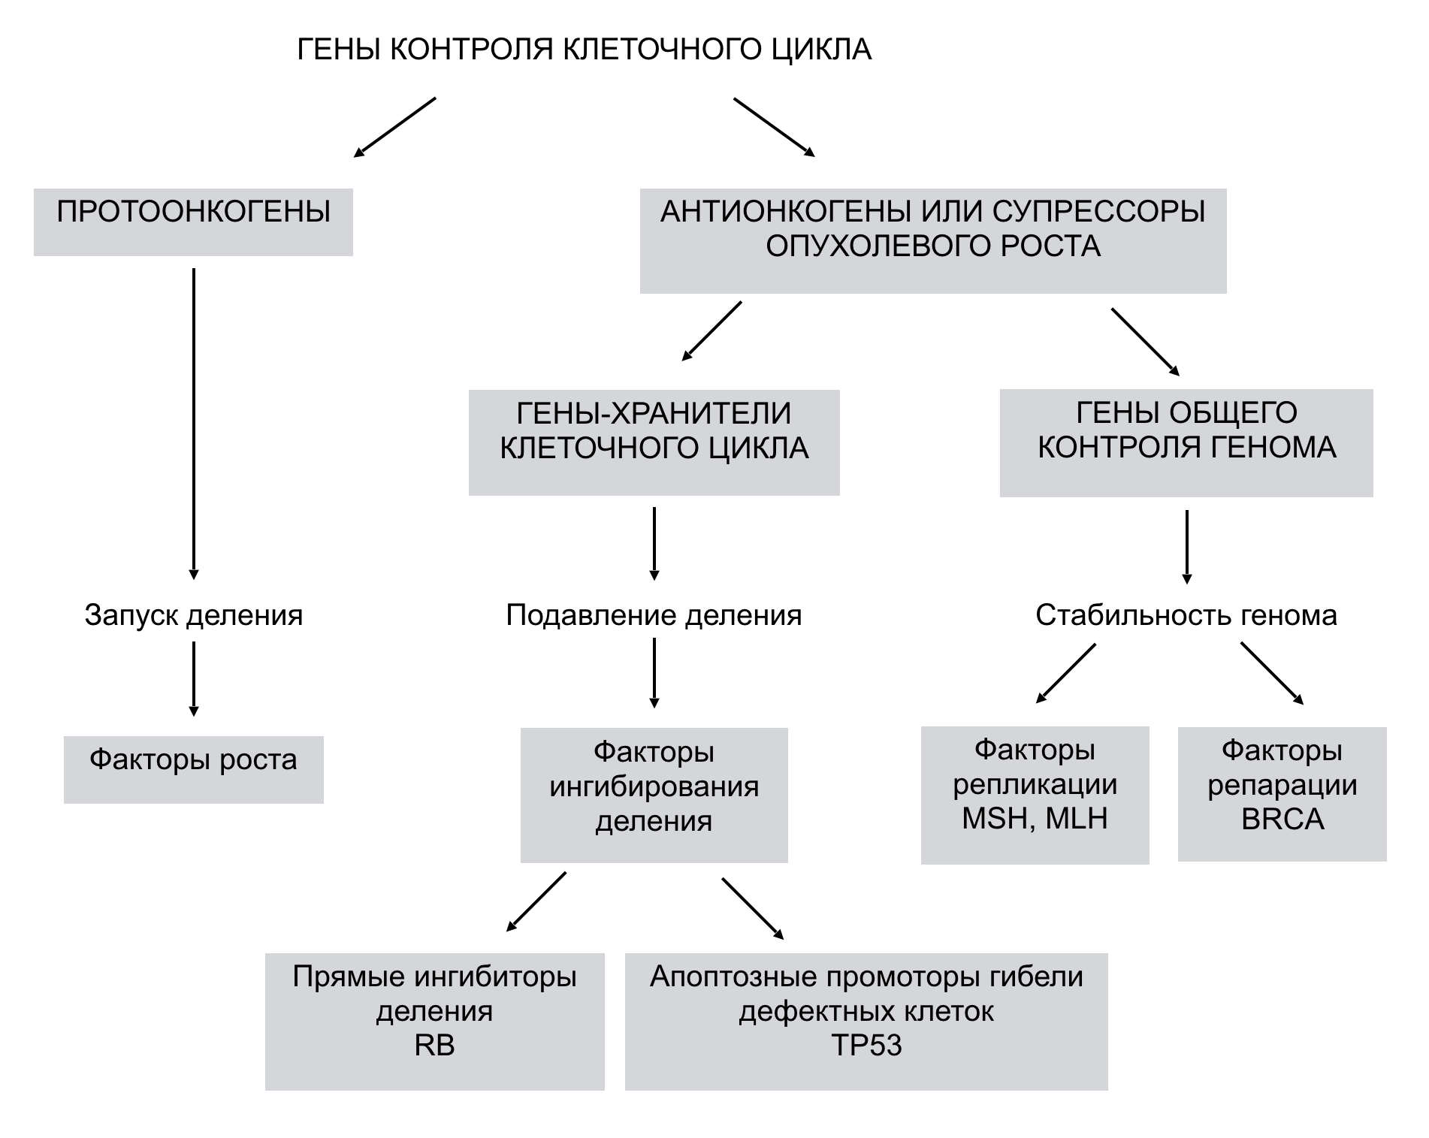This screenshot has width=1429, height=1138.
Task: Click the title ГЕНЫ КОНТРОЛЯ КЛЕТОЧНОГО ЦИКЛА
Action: pyautogui.click(x=585, y=50)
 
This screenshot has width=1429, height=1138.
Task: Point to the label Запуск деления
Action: pyautogui.click(x=194, y=616)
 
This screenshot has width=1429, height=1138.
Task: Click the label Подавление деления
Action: pyautogui.click(x=654, y=616)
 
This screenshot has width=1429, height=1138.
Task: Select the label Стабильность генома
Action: pyautogui.click(x=1186, y=616)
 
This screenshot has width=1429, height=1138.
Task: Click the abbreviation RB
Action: pyautogui.click(x=434, y=1046)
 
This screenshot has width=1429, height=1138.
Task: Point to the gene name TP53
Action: pyautogui.click(x=866, y=1046)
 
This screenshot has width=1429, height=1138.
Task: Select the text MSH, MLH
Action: pyautogui.click(x=1035, y=819)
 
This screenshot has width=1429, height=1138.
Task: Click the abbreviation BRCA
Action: pyautogui.click(x=1282, y=819)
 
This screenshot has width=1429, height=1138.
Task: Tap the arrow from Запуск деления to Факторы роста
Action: pyautogui.click(x=194, y=678)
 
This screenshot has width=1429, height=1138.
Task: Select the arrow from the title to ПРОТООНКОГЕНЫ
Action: pyautogui.click(x=395, y=126)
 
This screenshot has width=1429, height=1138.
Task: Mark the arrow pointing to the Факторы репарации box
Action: pyautogui.click(x=1271, y=673)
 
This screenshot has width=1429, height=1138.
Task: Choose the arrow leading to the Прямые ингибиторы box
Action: pyautogui.click(x=536, y=901)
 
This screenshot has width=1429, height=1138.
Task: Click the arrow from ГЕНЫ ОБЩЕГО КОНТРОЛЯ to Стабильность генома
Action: pyautogui.click(x=1186, y=546)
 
